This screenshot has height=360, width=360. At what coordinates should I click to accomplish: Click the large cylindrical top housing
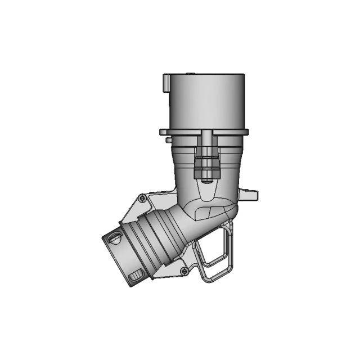206,101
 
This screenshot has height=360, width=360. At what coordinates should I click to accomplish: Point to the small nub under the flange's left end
168,138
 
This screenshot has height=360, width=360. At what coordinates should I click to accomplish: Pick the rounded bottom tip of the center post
207,180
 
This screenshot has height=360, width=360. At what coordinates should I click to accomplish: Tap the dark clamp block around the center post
206,165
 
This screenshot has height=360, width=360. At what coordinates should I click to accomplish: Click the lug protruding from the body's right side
248,195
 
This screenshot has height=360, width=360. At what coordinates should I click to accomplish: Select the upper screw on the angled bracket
142,199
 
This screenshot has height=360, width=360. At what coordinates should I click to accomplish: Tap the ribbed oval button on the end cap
137,276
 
